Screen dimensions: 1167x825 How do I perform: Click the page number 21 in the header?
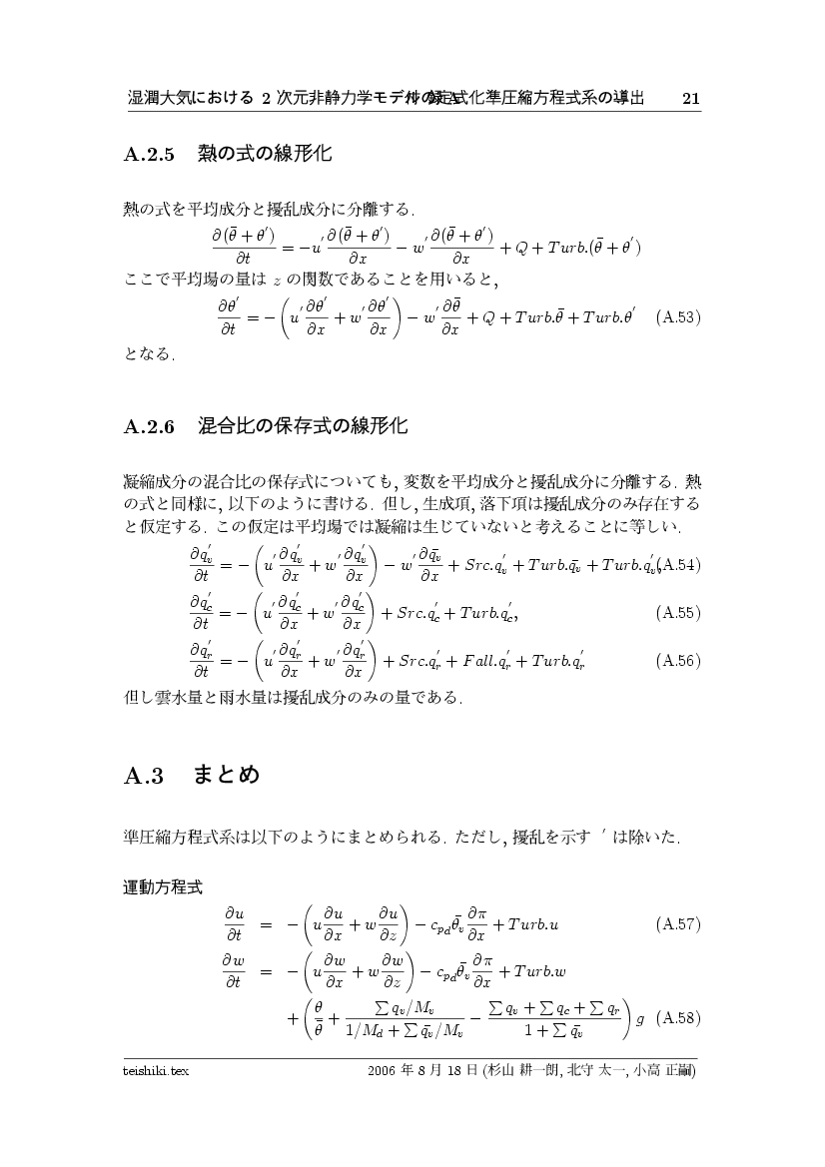point(689,98)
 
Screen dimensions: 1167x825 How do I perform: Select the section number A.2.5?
point(150,155)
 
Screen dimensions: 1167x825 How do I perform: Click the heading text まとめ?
point(226,775)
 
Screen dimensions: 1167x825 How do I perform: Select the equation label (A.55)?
point(679,612)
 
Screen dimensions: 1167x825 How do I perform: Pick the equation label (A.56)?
point(679,660)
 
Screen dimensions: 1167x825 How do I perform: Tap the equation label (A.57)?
point(679,923)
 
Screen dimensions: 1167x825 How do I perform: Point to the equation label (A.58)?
point(679,1018)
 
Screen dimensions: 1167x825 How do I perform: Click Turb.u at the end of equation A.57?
point(533,924)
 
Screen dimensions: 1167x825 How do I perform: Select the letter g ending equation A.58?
point(639,1018)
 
